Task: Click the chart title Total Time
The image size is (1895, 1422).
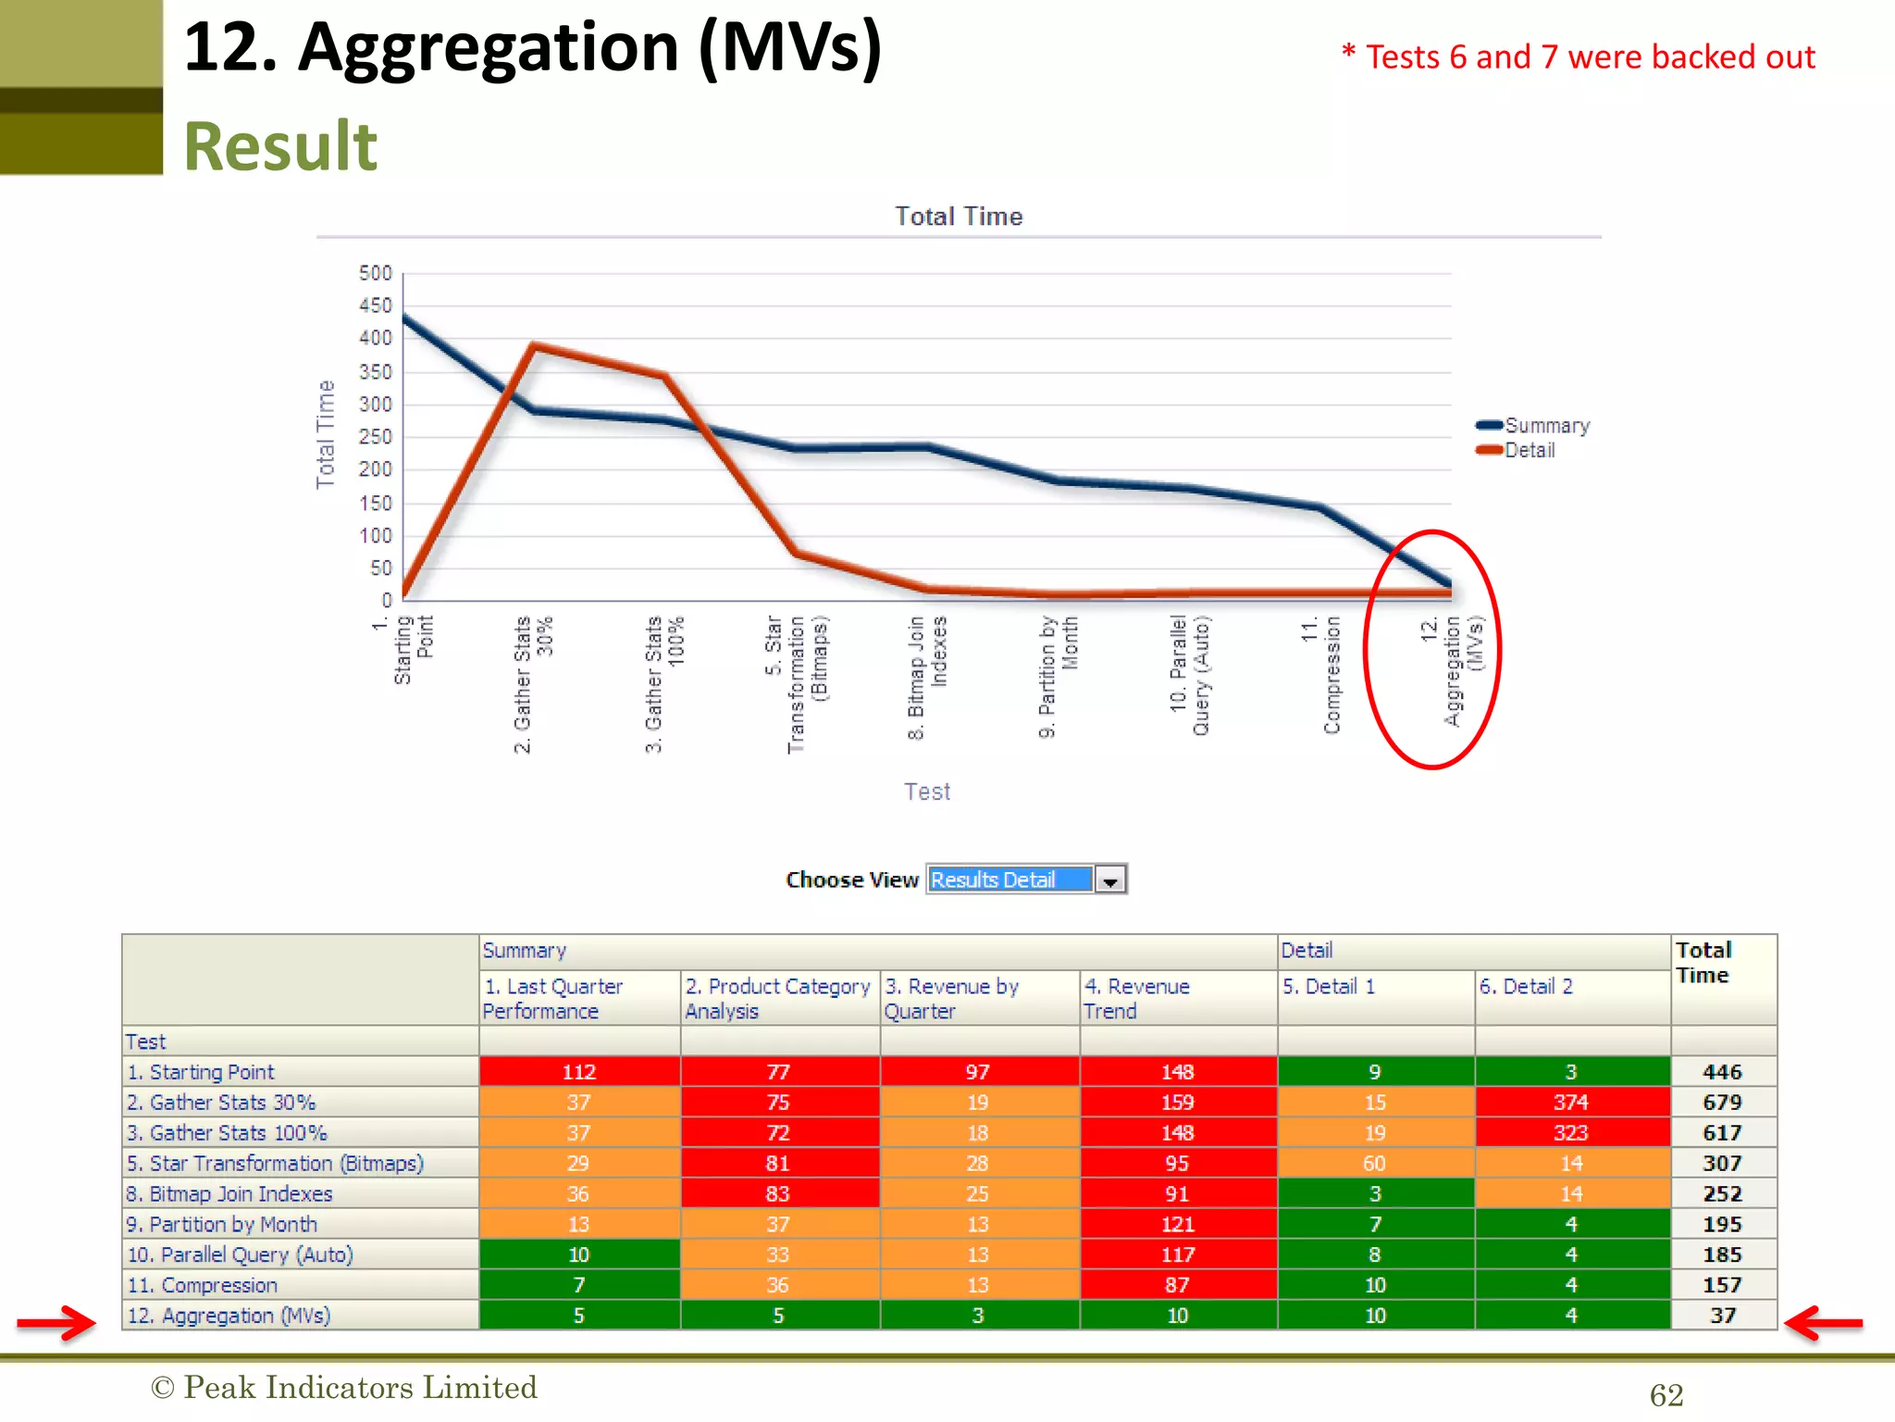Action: click(x=959, y=217)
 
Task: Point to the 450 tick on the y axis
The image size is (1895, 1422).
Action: click(x=376, y=306)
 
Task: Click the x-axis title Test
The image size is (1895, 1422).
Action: click(x=927, y=792)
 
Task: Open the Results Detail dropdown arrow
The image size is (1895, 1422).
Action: click(x=1109, y=879)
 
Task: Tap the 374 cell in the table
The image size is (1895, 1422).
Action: click(x=1571, y=1102)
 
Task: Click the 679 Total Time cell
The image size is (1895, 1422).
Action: click(x=1722, y=1102)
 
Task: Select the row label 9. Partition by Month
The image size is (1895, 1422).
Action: click(x=222, y=1224)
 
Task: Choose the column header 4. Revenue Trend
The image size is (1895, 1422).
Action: click(x=1137, y=998)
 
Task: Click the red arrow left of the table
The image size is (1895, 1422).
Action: click(x=56, y=1322)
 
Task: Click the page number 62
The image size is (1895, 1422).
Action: click(x=1666, y=1395)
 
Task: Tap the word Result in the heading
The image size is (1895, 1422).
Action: click(x=280, y=146)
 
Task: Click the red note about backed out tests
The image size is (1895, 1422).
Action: click(x=1579, y=57)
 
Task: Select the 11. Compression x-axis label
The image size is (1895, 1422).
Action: click(x=1321, y=676)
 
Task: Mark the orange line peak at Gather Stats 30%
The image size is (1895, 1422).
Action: click(x=535, y=346)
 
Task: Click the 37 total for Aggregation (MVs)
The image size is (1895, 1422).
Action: click(x=1722, y=1316)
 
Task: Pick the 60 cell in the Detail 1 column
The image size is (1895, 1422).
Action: click(x=1374, y=1163)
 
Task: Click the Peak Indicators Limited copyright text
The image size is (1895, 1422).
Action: click(x=344, y=1387)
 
